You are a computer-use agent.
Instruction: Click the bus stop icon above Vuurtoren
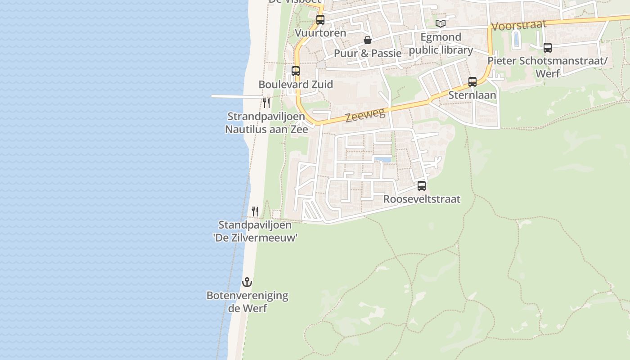click(320, 20)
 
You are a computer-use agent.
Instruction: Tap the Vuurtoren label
click(320, 33)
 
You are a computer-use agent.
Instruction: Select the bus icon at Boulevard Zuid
click(296, 71)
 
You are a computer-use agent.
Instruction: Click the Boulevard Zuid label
click(296, 85)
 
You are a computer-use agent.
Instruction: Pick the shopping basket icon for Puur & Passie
click(368, 40)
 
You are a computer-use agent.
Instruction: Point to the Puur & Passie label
click(368, 54)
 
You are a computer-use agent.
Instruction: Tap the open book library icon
click(441, 23)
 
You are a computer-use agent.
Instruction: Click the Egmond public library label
click(441, 44)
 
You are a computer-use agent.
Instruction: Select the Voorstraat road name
click(519, 25)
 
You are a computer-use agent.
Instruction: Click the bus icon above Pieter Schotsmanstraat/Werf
click(548, 48)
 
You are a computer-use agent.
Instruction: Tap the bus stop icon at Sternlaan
click(472, 82)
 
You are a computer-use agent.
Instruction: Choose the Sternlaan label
click(472, 95)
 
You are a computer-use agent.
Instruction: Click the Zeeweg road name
click(365, 115)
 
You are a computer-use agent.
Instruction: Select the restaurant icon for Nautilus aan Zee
click(267, 103)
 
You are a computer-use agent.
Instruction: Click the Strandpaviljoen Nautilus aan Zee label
click(267, 123)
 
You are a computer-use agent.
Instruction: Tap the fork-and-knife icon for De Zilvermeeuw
click(255, 211)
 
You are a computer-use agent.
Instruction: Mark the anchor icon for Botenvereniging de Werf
click(247, 283)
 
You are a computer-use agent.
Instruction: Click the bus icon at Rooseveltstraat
click(422, 186)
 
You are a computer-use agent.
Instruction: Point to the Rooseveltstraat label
click(422, 199)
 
